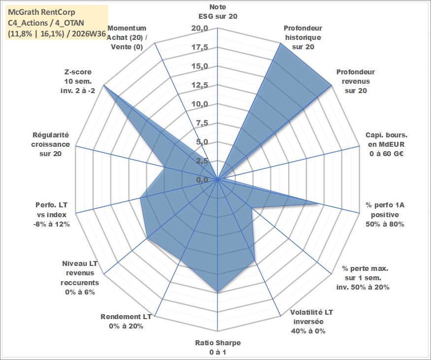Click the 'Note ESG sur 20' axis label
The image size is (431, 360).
(x=218, y=11)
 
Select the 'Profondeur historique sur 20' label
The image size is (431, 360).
(x=303, y=37)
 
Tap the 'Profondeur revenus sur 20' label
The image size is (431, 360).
(x=356, y=81)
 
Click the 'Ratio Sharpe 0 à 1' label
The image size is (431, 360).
(x=218, y=347)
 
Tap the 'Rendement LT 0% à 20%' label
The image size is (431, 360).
(x=126, y=321)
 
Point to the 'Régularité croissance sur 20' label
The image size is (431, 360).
(x=51, y=144)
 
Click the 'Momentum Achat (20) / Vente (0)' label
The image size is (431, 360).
(x=127, y=37)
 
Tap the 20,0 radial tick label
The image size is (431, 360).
(x=199, y=28)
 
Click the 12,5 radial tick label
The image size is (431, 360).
(x=199, y=85)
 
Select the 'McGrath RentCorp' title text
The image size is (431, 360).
(x=42, y=12)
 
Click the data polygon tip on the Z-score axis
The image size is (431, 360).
(x=103, y=86)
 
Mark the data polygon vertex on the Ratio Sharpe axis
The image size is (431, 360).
(x=217, y=292)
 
